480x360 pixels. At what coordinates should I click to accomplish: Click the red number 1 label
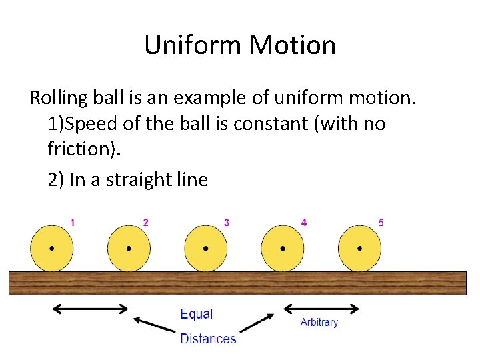tap(73, 223)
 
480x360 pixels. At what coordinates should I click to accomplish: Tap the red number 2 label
tap(146, 223)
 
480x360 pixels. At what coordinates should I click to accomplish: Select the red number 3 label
tap(227, 223)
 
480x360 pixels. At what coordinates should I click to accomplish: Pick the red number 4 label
tap(304, 223)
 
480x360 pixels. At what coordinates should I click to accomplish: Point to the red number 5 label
tap(381, 223)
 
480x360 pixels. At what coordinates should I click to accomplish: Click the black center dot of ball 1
tap(52, 248)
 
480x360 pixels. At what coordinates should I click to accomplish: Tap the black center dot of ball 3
tap(206, 248)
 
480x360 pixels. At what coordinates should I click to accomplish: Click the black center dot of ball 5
tap(360, 248)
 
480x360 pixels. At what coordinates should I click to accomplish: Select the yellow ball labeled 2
tap(129, 248)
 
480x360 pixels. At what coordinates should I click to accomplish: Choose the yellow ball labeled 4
tap(283, 248)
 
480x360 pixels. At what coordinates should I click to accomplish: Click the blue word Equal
tap(197, 314)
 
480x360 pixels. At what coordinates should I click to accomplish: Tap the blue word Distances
tap(208, 339)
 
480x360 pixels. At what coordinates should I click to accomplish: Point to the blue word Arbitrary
tap(319, 323)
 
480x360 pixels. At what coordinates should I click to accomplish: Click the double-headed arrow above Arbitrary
tap(321, 308)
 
